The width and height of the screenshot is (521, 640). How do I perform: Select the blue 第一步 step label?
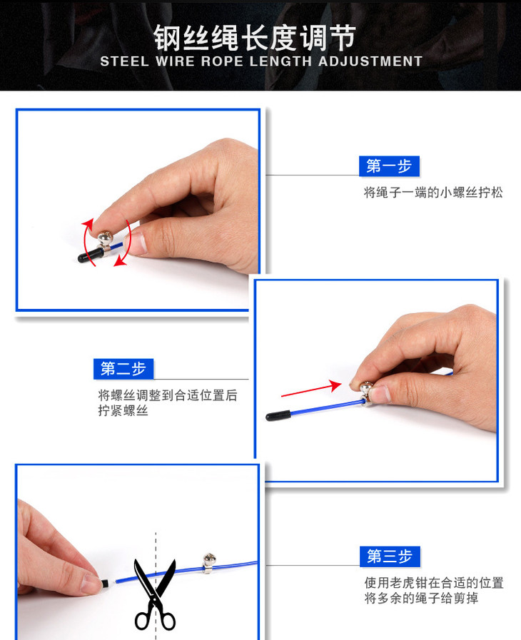tap(389, 166)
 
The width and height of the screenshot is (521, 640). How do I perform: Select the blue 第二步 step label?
tap(123, 369)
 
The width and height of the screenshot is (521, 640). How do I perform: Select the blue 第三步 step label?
tap(389, 556)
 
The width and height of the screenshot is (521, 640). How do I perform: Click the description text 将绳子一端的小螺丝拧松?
tap(433, 193)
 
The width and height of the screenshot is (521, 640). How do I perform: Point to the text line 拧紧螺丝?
tap(123, 411)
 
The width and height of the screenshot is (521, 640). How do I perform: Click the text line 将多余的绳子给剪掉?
tap(421, 598)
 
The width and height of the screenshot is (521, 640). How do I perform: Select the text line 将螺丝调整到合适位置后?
tap(168, 395)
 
